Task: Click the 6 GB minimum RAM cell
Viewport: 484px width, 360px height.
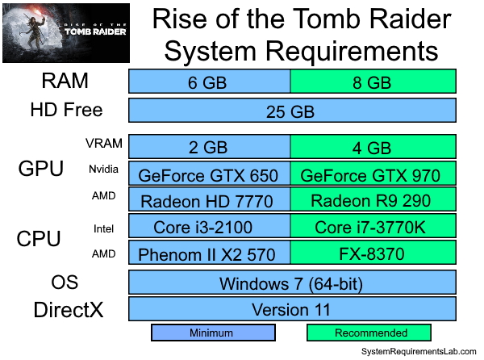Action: coord(209,82)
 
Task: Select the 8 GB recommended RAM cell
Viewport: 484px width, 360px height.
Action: coord(373,82)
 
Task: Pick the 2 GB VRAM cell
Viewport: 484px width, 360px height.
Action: coord(209,147)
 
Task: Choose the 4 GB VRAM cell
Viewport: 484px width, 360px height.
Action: coord(373,147)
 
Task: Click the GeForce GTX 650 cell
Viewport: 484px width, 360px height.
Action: coord(209,174)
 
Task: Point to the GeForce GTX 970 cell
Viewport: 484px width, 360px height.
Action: coord(373,174)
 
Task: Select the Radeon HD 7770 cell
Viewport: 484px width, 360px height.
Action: coord(209,201)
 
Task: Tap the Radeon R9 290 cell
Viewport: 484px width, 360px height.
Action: coord(373,201)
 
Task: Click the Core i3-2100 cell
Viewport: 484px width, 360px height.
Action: coord(209,228)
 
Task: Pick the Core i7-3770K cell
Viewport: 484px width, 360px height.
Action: coord(373,228)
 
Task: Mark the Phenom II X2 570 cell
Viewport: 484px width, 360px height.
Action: coord(209,254)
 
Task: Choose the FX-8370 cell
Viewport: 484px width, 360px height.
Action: coord(373,254)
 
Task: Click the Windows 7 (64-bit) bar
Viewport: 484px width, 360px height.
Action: coord(291,283)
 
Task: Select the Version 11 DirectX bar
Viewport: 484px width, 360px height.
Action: coord(291,309)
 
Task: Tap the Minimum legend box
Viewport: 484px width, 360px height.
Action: coord(213,333)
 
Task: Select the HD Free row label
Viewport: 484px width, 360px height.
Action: coord(66,109)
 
